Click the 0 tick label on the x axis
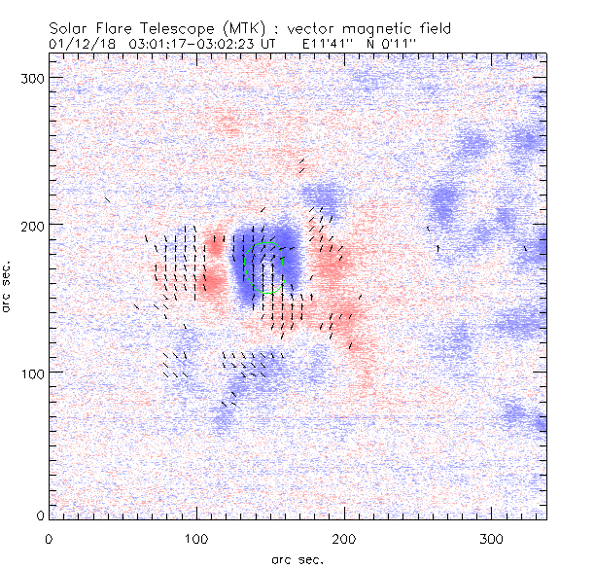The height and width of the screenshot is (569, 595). (49, 538)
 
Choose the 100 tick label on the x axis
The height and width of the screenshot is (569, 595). (196, 538)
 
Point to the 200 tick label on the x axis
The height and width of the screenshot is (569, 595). (344, 538)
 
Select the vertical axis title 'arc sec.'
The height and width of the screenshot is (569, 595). (8, 284)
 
